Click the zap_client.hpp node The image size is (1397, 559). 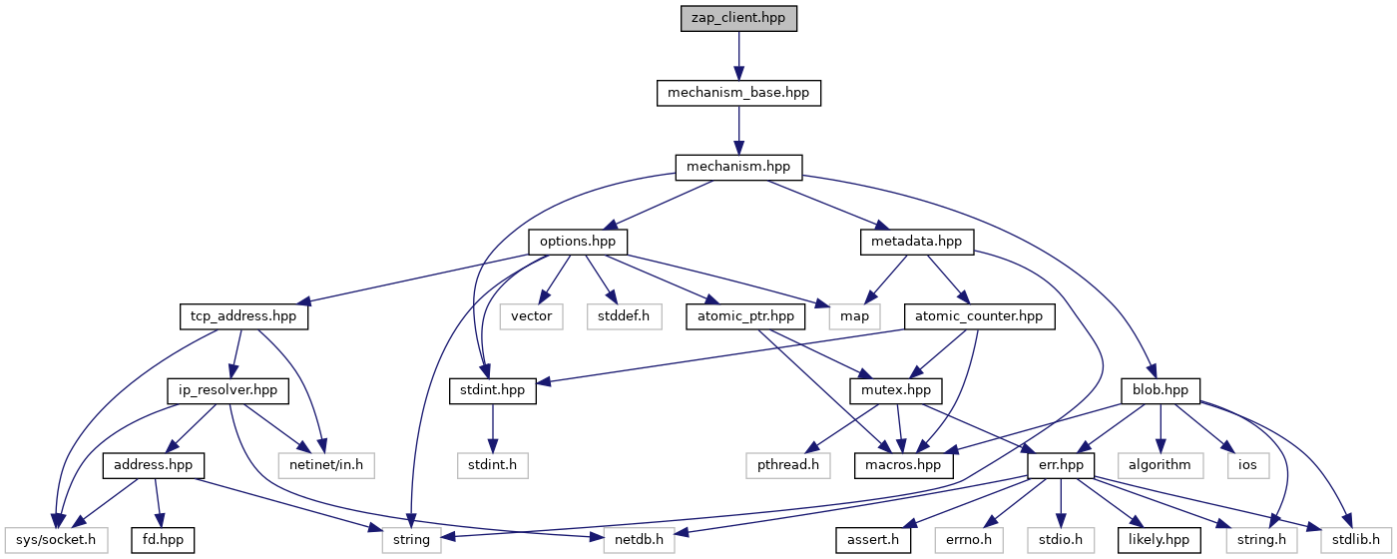pyautogui.click(x=738, y=19)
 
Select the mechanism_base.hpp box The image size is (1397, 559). pyautogui.click(x=738, y=93)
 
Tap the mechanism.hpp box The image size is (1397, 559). pyautogui.click(x=738, y=167)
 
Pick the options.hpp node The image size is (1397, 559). pyautogui.click(x=578, y=242)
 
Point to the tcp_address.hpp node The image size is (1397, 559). pyautogui.click(x=244, y=316)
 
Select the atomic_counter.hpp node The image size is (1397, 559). pyautogui.click(x=973, y=316)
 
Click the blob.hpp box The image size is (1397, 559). pyautogui.click(x=1161, y=390)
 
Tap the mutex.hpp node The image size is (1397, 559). pyautogui.click(x=903, y=390)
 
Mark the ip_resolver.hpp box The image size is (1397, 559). pyautogui.click(x=229, y=390)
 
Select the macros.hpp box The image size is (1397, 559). pyautogui.click(x=904, y=464)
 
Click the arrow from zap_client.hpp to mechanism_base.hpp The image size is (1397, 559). pyautogui.click(x=738, y=56)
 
